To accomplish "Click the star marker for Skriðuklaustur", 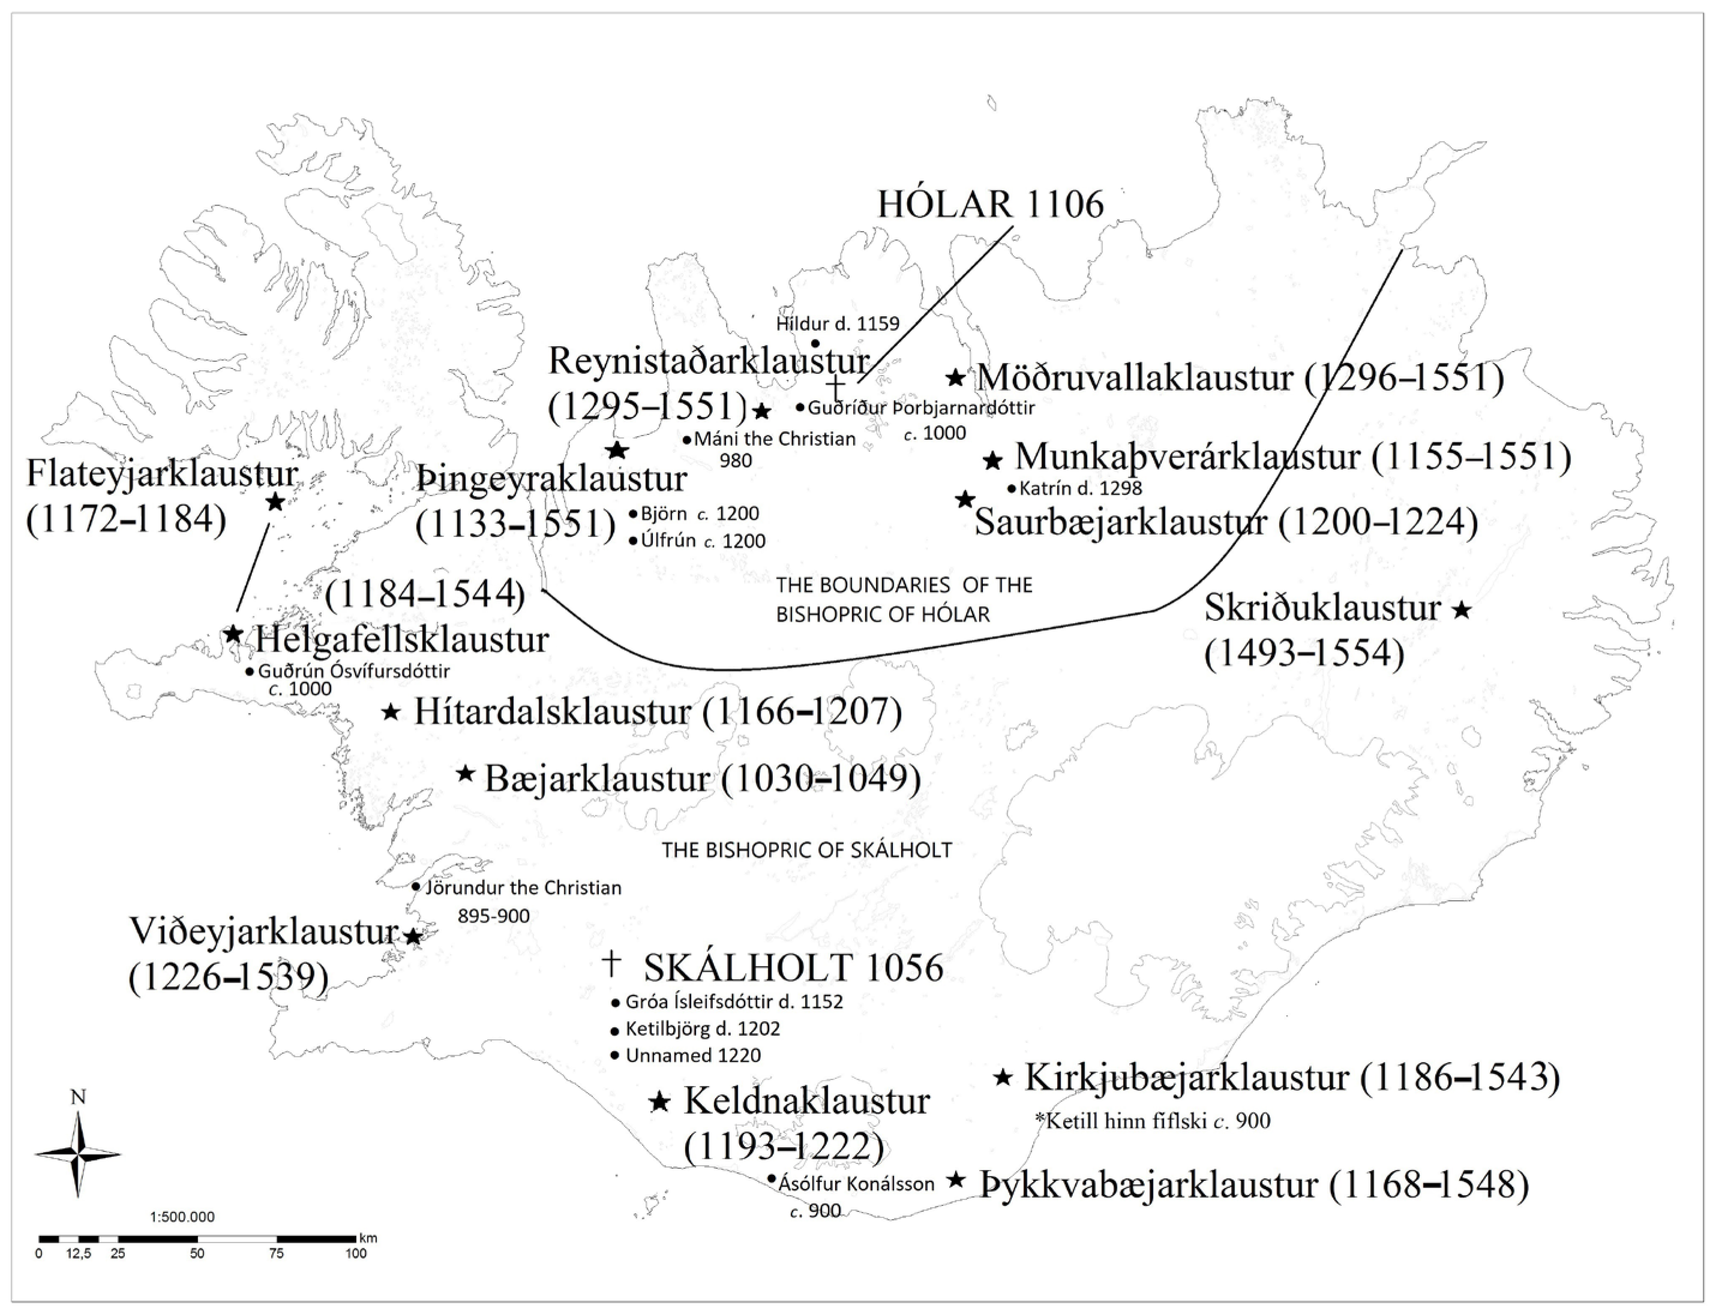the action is tap(1462, 610).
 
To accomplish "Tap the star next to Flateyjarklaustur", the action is tap(275, 502).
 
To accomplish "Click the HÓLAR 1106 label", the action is tap(991, 205).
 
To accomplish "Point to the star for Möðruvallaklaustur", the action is tap(955, 377).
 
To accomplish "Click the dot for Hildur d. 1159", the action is tap(815, 343).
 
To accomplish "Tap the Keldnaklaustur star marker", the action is tap(659, 1102).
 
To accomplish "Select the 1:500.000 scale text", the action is tap(182, 1217).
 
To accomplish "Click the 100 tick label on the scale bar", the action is tap(356, 1254).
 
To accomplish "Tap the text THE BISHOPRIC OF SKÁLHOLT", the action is tap(807, 850).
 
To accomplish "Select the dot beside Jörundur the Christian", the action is tap(416, 887).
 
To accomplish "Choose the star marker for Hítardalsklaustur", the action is tap(392, 712).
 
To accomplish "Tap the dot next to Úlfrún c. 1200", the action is tap(632, 540).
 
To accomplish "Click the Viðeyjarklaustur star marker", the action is tap(413, 935).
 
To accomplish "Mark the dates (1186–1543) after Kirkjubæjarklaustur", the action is tap(1459, 1078).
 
